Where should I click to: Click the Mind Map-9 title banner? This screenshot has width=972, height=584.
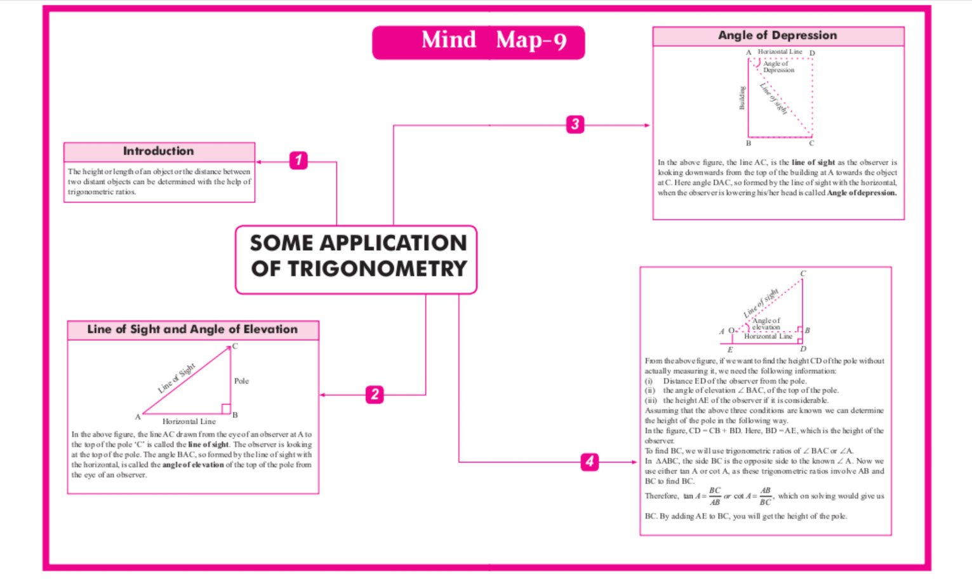click(478, 42)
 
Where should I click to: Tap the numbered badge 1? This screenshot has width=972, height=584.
click(298, 160)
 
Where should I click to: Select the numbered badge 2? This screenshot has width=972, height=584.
click(375, 394)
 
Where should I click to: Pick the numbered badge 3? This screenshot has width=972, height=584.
click(575, 124)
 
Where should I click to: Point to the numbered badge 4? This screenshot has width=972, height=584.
click(590, 461)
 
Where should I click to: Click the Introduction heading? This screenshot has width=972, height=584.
click(159, 151)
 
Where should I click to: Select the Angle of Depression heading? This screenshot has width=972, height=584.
click(777, 36)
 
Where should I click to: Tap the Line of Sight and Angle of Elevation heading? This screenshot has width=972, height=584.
click(192, 329)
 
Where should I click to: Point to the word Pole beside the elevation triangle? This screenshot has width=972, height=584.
click(241, 381)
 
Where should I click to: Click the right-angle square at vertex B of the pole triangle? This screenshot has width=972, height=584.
click(225, 409)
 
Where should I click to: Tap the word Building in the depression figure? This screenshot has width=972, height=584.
click(742, 98)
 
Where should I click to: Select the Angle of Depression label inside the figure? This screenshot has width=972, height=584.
click(778, 67)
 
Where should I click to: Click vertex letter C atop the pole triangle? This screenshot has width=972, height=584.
click(235, 346)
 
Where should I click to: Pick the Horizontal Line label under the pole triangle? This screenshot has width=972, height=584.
click(189, 421)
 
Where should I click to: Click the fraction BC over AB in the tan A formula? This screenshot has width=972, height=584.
click(715, 496)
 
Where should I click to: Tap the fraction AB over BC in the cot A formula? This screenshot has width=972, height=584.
click(765, 496)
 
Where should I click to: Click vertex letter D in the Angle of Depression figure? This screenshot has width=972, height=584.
click(812, 53)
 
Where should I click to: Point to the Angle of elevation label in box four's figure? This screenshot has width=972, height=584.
click(766, 324)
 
